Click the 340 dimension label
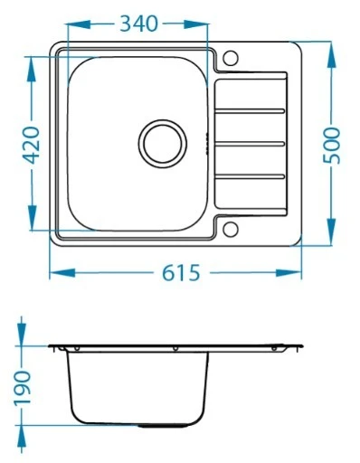(x=138, y=24)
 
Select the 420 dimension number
(x=32, y=145)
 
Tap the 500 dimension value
(x=331, y=146)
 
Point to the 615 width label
(x=181, y=273)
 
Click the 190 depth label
(x=23, y=387)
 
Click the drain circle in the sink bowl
(x=163, y=143)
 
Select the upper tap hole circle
(x=231, y=58)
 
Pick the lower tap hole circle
(x=231, y=229)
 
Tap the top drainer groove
(x=250, y=111)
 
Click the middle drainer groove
(x=250, y=144)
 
